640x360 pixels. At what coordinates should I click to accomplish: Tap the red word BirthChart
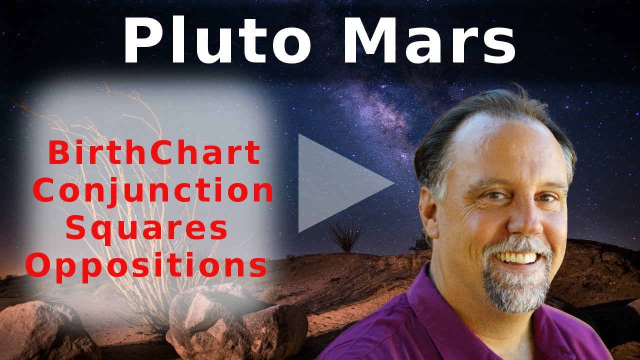(154, 154)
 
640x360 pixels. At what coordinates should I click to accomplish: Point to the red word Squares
(146, 228)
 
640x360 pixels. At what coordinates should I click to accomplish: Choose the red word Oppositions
(146, 266)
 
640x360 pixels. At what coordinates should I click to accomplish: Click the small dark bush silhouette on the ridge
(345, 235)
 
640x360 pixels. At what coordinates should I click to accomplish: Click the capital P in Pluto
(140, 40)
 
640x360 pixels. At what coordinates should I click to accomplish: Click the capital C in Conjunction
(50, 191)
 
